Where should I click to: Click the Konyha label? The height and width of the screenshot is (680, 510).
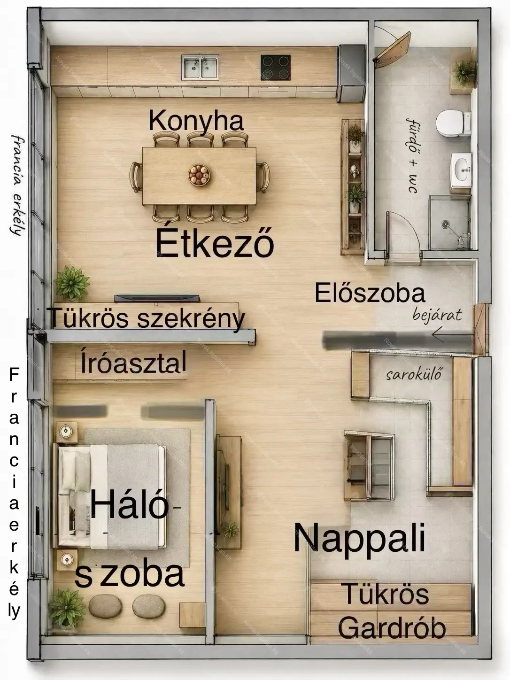(x=196, y=122)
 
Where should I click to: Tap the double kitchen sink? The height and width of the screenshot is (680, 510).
(x=200, y=67)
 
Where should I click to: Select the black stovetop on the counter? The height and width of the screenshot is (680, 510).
(x=275, y=67)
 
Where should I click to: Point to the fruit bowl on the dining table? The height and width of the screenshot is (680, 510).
(x=199, y=175)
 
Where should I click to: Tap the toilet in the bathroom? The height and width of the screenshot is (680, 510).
(x=453, y=124)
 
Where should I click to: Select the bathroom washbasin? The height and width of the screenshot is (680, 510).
(x=461, y=170)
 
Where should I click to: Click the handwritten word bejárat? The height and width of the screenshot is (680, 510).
(x=437, y=316)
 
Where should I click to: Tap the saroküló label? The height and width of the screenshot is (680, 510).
(x=413, y=375)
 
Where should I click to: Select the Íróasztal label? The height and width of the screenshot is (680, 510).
(x=133, y=363)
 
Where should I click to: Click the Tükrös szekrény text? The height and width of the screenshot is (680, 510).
(x=147, y=318)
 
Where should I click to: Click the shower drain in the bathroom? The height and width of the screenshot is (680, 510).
(x=445, y=223)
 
